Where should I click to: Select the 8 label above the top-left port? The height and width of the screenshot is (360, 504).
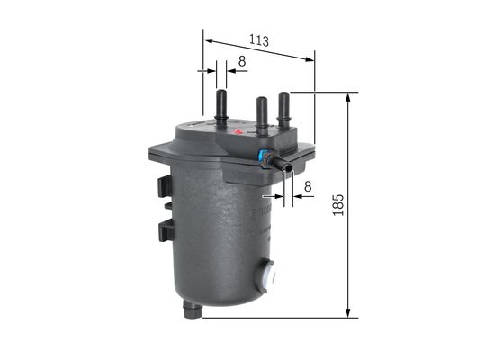[x=241, y=62]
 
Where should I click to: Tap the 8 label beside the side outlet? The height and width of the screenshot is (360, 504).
[x=308, y=186]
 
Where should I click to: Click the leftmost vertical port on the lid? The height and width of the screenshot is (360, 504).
[x=220, y=103]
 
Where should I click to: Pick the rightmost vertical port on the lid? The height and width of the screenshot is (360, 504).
[x=284, y=107]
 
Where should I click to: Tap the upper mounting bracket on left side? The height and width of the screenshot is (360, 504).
[x=163, y=185]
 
